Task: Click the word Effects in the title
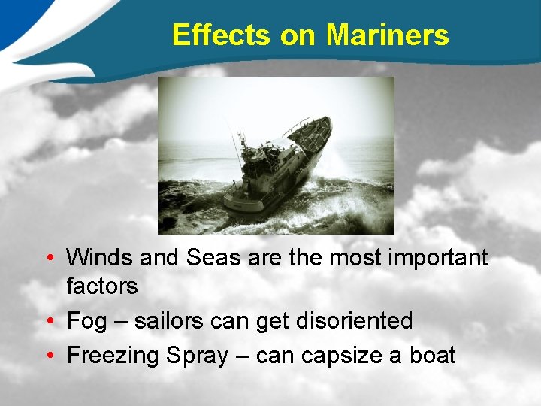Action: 222,35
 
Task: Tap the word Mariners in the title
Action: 388,35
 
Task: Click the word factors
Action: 102,286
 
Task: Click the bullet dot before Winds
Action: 49,259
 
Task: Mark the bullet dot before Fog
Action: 49,322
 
